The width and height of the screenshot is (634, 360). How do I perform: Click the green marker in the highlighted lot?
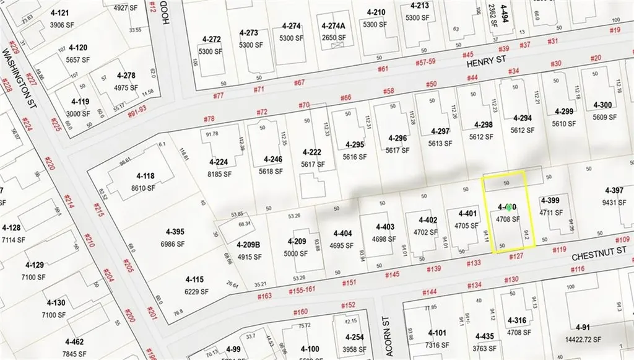click(x=509, y=208)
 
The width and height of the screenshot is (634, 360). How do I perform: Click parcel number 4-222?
click(x=312, y=152)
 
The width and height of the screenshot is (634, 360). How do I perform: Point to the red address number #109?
click(x=623, y=239)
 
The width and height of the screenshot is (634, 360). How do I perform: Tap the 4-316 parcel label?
click(x=515, y=320)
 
